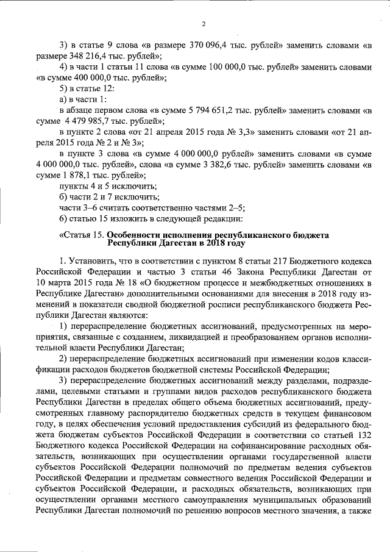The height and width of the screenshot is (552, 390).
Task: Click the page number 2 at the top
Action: coord(204,24)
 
